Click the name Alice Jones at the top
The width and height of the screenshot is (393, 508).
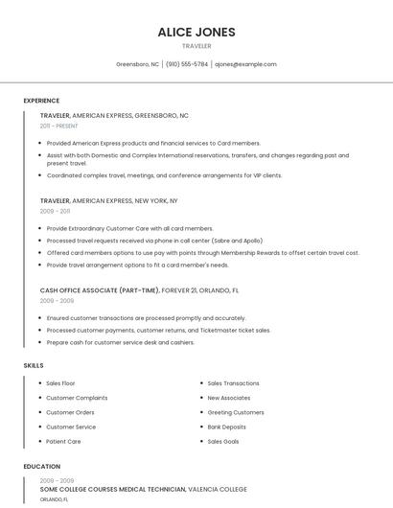click(196, 32)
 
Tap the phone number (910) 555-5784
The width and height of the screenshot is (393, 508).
click(186, 64)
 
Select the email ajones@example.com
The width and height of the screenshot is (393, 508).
click(245, 64)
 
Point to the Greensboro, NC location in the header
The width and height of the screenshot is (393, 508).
click(137, 64)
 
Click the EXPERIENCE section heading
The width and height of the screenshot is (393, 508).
click(41, 101)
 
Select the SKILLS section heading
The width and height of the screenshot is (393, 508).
click(33, 365)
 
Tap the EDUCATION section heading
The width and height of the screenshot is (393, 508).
click(40, 467)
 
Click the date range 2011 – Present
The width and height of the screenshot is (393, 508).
click(58, 126)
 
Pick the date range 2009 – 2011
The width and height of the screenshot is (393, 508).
click(55, 211)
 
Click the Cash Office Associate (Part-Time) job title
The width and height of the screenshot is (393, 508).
click(100, 289)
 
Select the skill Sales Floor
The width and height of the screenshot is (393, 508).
click(60, 383)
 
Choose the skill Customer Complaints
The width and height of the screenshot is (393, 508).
click(77, 398)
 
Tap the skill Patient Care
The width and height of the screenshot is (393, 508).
click(63, 442)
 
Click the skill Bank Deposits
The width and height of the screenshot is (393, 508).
click(226, 427)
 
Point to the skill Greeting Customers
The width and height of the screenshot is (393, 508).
click(236, 412)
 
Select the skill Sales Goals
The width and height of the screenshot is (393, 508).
click(222, 442)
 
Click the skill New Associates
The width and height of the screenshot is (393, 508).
click(228, 398)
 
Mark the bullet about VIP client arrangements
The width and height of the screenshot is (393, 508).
click(164, 175)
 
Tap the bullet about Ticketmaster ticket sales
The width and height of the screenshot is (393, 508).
click(158, 330)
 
